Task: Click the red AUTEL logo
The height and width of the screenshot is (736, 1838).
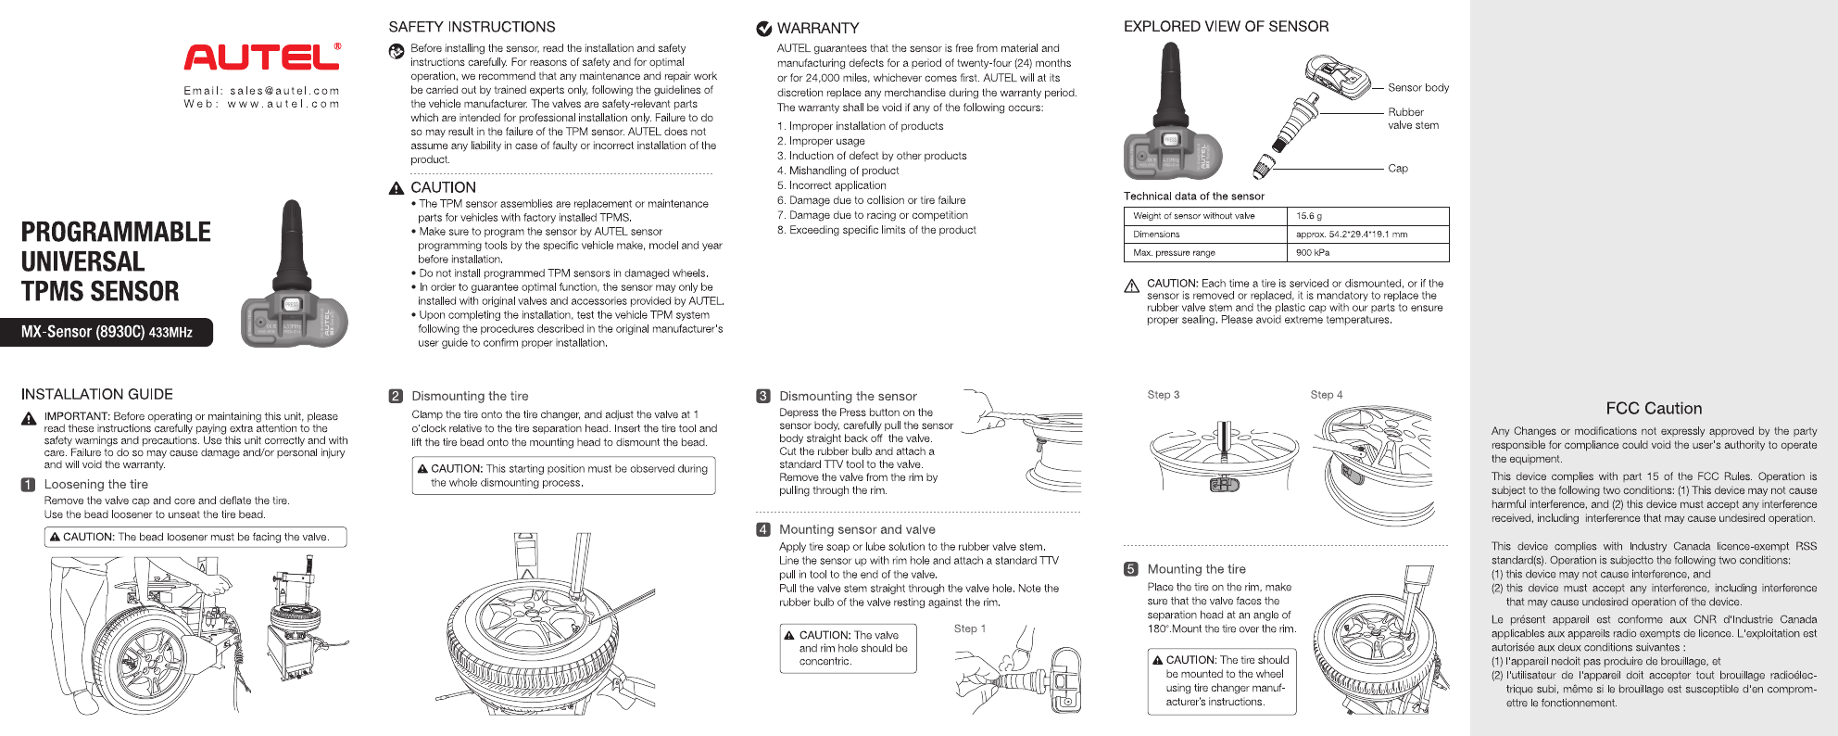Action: point(261,57)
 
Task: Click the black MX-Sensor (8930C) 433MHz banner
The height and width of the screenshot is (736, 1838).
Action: point(107,332)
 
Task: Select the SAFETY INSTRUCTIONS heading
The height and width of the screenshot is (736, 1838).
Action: point(472,27)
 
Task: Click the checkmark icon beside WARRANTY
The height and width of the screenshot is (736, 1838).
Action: point(764,29)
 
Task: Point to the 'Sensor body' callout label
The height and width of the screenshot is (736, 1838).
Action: point(1417,88)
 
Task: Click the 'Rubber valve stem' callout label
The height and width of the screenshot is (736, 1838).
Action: point(1413,119)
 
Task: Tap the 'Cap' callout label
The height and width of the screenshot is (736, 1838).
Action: point(1397,169)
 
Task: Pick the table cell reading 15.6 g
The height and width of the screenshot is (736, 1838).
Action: point(1309,216)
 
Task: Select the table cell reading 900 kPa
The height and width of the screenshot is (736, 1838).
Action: point(1312,252)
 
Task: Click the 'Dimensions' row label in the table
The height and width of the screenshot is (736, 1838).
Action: point(1156,235)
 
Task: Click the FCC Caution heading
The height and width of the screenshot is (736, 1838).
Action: point(1654,409)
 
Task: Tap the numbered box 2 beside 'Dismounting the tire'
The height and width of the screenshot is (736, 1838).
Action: point(396,396)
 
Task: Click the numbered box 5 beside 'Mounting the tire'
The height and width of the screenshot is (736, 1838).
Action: point(1130,569)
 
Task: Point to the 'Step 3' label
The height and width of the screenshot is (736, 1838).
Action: point(1163,395)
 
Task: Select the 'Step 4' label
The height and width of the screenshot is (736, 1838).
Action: point(1326,395)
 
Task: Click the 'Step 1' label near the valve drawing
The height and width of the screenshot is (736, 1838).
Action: point(969,628)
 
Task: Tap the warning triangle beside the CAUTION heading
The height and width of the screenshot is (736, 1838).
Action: point(397,188)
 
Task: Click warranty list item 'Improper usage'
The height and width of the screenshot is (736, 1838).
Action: point(826,141)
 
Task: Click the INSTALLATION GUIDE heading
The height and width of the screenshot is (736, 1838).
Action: point(97,395)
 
